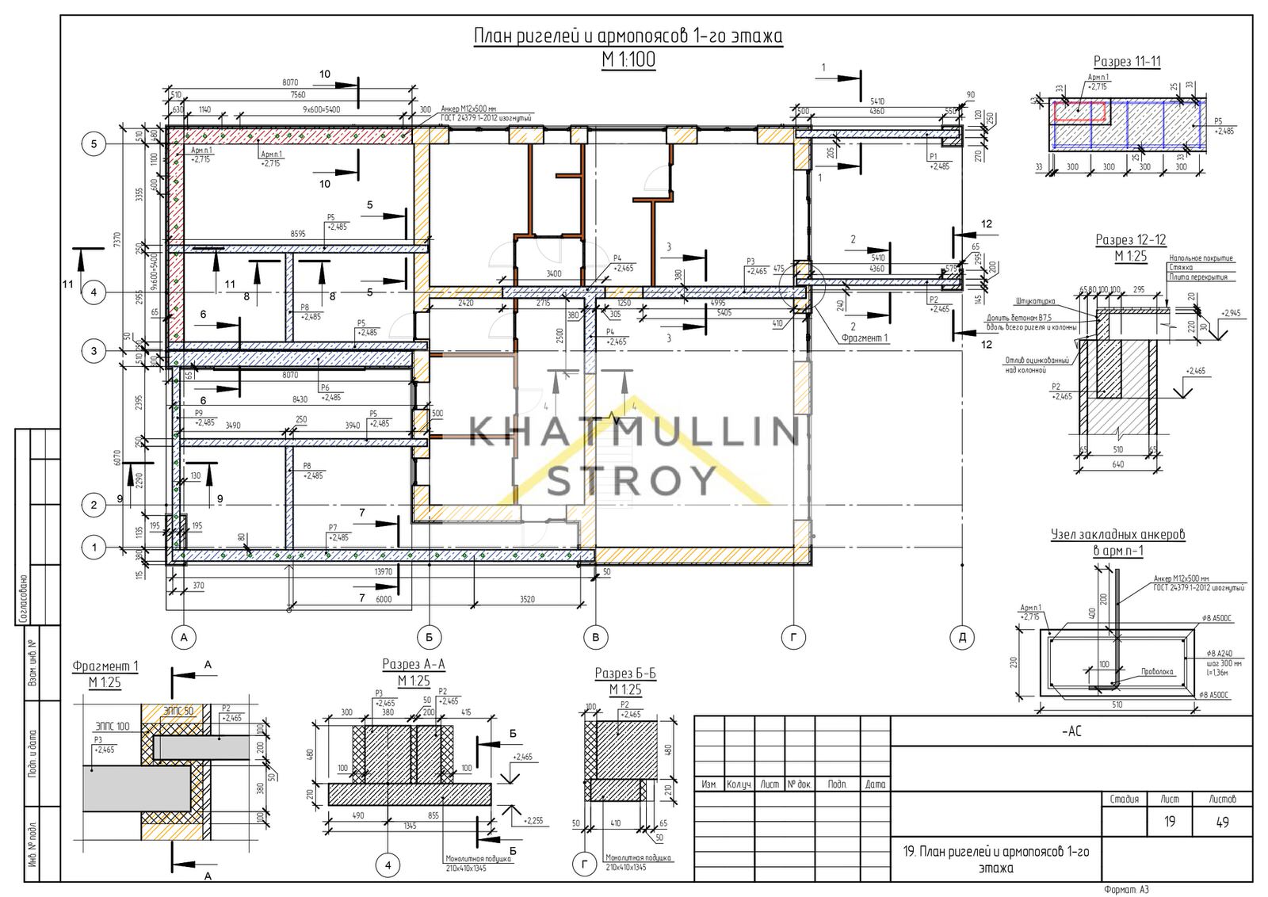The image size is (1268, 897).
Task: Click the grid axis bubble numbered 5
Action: [94, 144]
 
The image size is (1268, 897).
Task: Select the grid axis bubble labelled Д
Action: [961, 637]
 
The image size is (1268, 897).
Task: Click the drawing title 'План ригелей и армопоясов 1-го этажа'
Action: [628, 37]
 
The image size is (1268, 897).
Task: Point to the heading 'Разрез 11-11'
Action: [1127, 62]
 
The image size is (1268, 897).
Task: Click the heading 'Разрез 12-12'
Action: [1130, 239]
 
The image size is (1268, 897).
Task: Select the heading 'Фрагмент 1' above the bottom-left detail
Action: [105, 666]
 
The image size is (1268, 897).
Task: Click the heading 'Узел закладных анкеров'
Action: [1117, 535]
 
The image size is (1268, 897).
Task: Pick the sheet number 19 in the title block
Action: [1169, 822]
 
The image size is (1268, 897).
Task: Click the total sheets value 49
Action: [1221, 822]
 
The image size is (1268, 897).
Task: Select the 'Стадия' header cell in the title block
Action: [1125, 799]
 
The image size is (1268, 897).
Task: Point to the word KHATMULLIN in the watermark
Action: [633, 433]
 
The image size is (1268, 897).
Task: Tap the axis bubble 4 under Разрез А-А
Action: [388, 865]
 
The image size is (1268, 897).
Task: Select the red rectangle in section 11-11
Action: [1080, 111]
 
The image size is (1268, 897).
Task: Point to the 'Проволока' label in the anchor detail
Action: [1157, 671]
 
